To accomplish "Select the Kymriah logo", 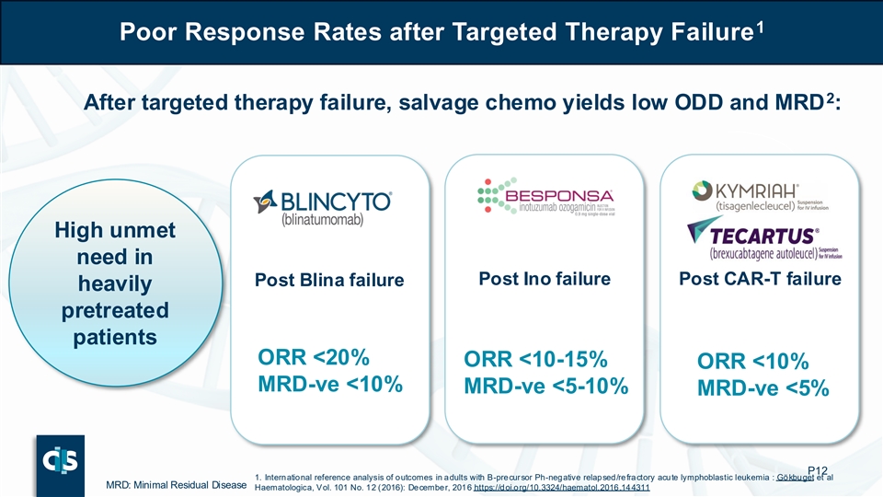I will pyautogui.click(x=758, y=195).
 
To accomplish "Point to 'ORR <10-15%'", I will pyautogui.click(x=534, y=360).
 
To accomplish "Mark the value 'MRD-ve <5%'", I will pyautogui.click(x=763, y=389).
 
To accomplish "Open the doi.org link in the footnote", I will pyautogui.click(x=561, y=487).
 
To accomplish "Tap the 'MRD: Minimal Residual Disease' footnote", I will pyautogui.click(x=175, y=486).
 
